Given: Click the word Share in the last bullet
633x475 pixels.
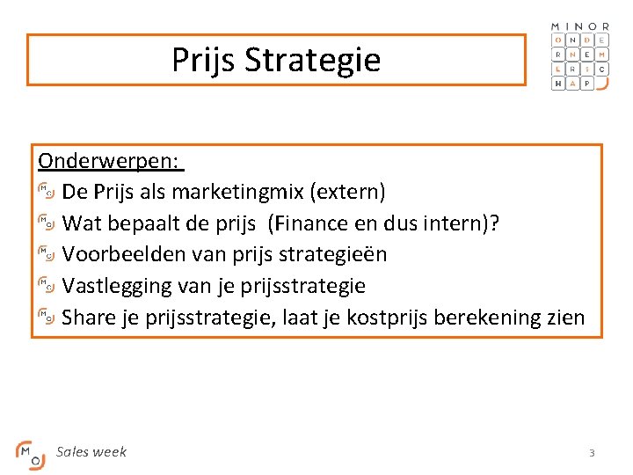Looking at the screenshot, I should tap(91, 317).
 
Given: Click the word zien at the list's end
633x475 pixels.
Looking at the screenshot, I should tap(564, 317).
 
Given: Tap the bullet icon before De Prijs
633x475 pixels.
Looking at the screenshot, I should tap(47, 192).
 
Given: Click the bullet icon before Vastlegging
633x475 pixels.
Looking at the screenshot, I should tap(47, 286).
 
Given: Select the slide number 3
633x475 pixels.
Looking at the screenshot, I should tap(592, 453).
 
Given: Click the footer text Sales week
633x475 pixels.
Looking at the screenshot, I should tap(91, 452).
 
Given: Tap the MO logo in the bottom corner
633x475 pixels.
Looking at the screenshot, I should tap(29, 454).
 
